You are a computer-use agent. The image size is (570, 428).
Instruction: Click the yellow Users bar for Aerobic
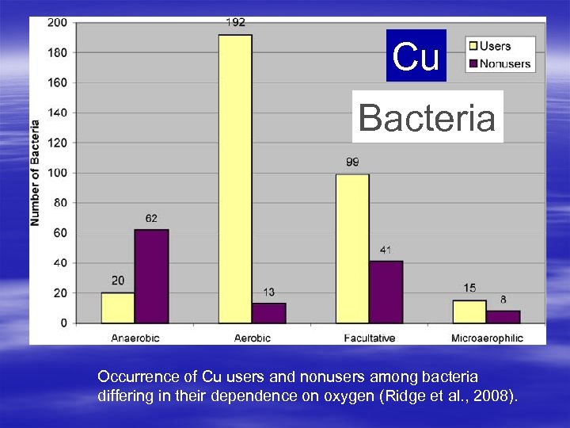[x=235, y=178]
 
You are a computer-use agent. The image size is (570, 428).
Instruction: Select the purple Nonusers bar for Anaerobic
[x=151, y=276]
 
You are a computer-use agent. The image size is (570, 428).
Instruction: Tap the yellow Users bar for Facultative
[x=352, y=248]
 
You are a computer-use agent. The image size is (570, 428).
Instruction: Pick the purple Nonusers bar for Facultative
[x=386, y=292]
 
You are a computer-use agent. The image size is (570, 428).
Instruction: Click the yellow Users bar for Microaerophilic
[x=469, y=311]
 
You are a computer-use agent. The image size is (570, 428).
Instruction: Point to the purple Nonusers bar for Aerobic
[x=269, y=313]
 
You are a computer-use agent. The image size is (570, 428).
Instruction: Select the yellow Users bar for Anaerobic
[x=117, y=308]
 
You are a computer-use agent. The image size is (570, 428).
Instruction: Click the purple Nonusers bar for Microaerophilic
[x=503, y=317]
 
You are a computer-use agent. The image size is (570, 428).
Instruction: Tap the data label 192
[x=235, y=23]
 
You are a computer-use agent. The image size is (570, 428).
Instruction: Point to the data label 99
[x=352, y=162]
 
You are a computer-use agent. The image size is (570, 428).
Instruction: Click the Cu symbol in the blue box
[x=416, y=56]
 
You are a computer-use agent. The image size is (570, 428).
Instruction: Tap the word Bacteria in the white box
[x=427, y=117]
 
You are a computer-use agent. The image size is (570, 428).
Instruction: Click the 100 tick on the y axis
[x=57, y=173]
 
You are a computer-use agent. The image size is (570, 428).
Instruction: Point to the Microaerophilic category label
[x=487, y=338]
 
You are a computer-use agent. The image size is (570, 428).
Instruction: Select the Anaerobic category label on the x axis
[x=135, y=338]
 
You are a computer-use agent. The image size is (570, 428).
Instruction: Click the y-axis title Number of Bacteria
[x=36, y=172]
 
